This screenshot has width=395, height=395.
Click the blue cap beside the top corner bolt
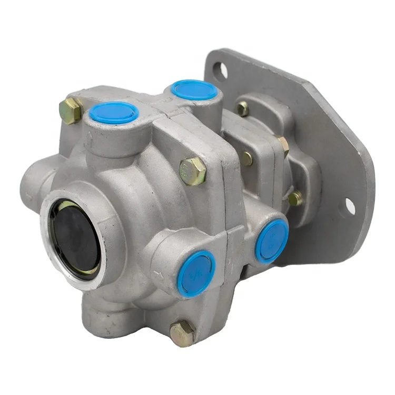[114, 112]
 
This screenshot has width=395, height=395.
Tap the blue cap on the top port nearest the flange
[194, 89]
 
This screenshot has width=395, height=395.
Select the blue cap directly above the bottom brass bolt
[196, 273]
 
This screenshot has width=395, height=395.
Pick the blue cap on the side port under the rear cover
[272, 240]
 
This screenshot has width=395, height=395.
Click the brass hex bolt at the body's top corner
[70, 111]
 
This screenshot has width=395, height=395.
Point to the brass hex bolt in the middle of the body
[192, 171]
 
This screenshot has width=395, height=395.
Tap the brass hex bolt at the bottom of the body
[182, 333]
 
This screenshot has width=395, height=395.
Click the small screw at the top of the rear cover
[242, 109]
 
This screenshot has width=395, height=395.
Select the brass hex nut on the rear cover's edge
[283, 146]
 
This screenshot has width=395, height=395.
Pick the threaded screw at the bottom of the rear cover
[295, 198]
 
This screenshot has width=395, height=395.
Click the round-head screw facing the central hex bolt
[246, 159]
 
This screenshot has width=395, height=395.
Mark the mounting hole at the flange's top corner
[221, 69]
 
